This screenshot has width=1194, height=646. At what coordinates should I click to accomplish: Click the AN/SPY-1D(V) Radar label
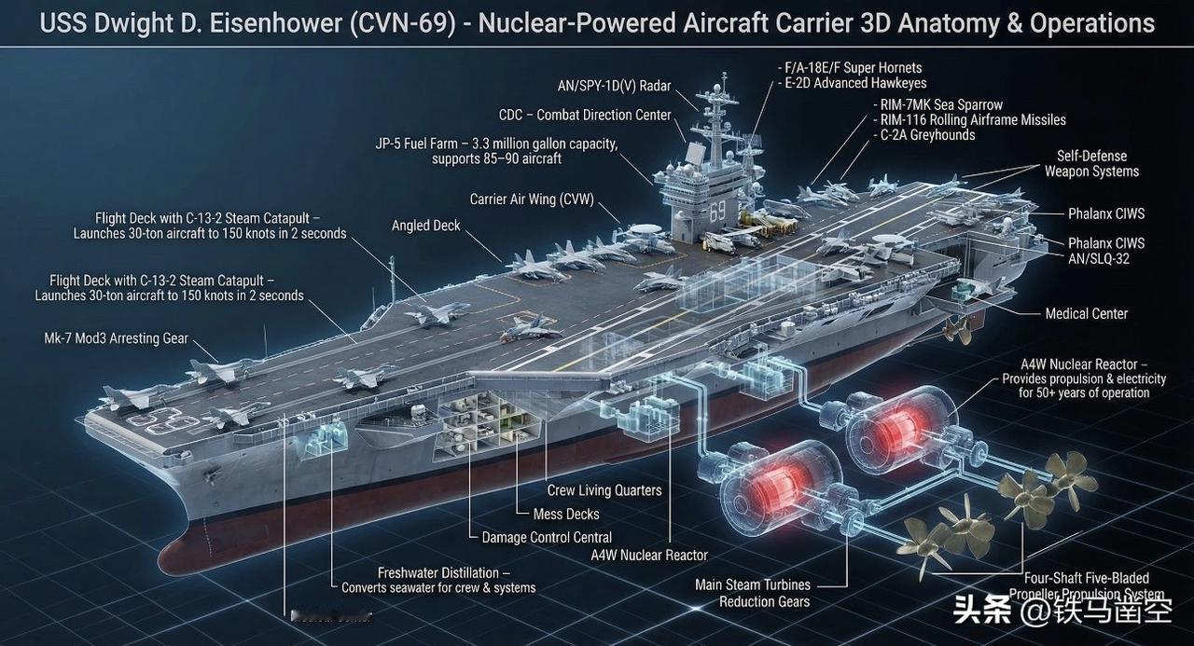tap(614, 86)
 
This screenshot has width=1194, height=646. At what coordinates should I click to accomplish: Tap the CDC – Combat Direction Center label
tap(585, 115)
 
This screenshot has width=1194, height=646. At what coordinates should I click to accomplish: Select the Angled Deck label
tap(425, 226)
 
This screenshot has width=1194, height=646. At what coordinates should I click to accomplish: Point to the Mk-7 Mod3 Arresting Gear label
tap(117, 338)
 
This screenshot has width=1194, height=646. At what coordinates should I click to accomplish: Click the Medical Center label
tap(1086, 314)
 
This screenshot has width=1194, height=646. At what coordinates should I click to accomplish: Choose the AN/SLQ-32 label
tap(1099, 258)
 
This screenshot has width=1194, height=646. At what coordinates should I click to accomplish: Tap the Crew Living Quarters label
tap(604, 490)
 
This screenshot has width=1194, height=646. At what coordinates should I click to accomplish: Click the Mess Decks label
tap(566, 514)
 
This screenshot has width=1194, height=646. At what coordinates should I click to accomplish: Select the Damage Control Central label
tap(547, 537)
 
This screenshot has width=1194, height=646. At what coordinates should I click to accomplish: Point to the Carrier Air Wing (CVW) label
tap(532, 199)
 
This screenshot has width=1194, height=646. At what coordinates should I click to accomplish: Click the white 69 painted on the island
tap(716, 212)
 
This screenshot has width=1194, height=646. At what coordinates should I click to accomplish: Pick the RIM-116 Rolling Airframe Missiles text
tap(973, 119)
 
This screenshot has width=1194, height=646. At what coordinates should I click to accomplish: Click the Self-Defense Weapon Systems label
tap(1091, 163)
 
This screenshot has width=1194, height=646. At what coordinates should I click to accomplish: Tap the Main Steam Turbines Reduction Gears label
tap(753, 593)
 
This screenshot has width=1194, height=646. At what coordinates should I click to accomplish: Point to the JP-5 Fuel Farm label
tap(496, 151)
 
